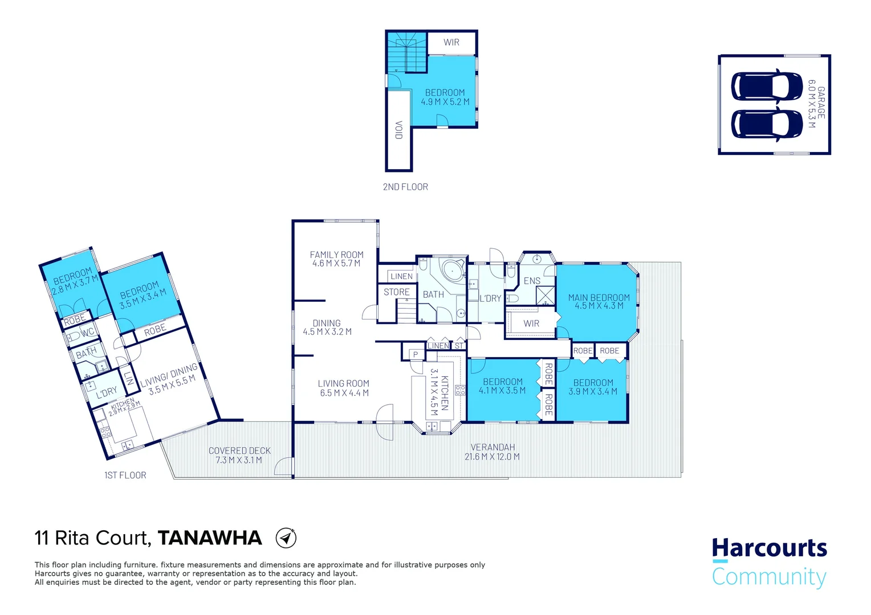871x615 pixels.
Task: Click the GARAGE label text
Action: click(x=821, y=103)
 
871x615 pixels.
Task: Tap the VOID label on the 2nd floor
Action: click(x=399, y=130)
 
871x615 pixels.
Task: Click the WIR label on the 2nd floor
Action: click(x=451, y=43)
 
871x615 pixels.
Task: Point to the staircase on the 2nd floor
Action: click(x=407, y=52)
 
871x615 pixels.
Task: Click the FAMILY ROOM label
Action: click(x=336, y=255)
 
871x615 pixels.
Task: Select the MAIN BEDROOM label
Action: click(x=599, y=297)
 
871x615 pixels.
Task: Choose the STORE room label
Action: click(x=396, y=292)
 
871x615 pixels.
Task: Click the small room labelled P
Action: click(x=416, y=355)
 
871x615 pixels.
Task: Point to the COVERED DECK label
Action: click(x=239, y=450)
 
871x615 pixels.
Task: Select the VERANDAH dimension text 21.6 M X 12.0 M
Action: click(x=492, y=457)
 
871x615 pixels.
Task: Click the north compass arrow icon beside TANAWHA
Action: click(x=286, y=538)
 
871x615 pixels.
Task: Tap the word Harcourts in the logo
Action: click(x=769, y=548)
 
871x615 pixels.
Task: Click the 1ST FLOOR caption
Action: click(x=125, y=475)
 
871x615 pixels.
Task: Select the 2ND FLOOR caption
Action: click(x=405, y=187)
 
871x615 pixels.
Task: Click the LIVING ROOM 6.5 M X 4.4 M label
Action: click(x=343, y=388)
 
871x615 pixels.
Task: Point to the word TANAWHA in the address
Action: click(x=210, y=538)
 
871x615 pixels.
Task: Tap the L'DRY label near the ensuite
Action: click(x=490, y=298)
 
